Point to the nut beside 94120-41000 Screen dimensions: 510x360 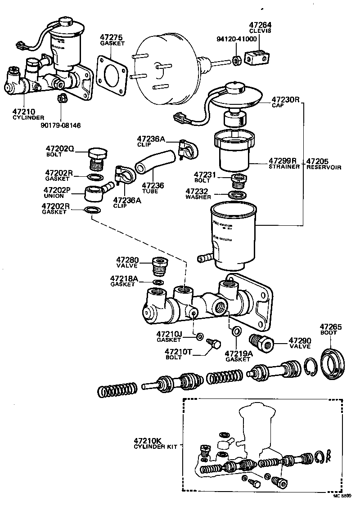tap(236, 59)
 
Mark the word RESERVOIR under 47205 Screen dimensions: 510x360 tap(324, 167)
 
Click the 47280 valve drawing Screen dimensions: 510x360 tap(160, 268)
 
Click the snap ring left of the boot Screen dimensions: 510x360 tap(310, 365)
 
